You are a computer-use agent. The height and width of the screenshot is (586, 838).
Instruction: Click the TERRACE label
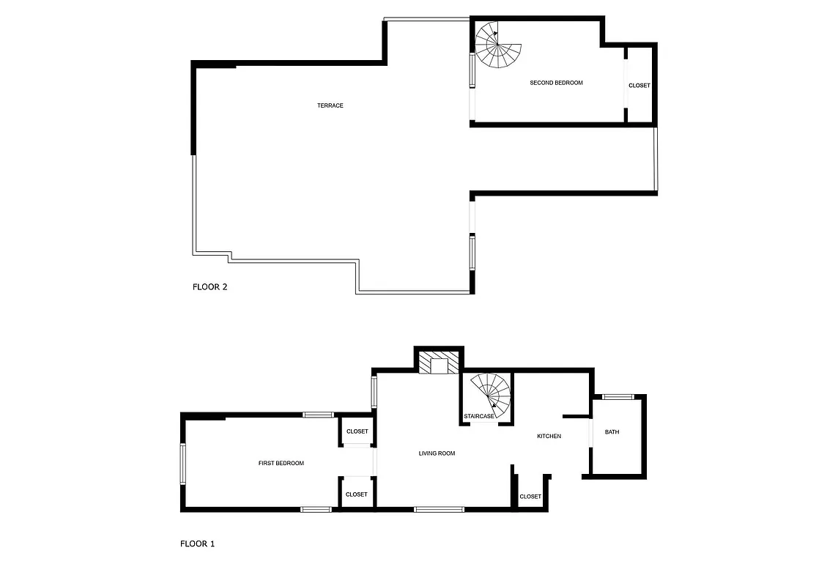tap(330, 105)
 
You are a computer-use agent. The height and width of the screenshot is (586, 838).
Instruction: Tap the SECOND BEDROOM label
tap(556, 83)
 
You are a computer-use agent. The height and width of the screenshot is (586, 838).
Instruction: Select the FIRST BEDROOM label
tap(281, 463)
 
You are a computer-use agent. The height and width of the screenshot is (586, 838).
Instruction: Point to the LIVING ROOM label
tap(437, 453)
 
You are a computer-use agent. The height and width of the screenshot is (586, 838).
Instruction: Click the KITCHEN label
tap(549, 436)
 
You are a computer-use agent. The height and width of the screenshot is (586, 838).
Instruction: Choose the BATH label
tap(612, 432)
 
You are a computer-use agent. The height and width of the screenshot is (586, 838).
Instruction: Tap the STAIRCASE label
tap(479, 416)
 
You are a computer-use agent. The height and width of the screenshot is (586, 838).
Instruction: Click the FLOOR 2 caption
tap(209, 287)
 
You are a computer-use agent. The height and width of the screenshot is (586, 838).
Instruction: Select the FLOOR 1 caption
tap(197, 544)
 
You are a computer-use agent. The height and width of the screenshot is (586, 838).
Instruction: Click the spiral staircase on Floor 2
tap(497, 45)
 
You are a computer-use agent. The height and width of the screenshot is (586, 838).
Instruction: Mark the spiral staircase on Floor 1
tap(490, 396)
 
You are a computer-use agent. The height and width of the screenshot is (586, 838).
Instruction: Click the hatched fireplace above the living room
tap(440, 363)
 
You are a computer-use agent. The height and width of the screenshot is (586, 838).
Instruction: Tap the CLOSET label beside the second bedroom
tap(639, 86)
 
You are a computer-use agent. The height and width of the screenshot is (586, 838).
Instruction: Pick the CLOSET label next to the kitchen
tap(530, 497)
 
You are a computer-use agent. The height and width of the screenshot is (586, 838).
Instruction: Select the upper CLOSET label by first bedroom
tap(357, 431)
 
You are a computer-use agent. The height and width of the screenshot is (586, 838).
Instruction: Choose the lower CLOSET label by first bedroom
tap(356, 494)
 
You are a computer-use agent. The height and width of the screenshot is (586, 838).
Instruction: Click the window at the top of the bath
tap(618, 397)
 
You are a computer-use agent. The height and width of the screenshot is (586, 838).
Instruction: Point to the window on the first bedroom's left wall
tap(183, 464)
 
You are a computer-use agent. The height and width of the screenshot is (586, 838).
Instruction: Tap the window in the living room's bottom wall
tap(439, 509)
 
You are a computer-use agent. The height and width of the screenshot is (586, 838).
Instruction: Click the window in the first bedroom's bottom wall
tap(316, 509)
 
